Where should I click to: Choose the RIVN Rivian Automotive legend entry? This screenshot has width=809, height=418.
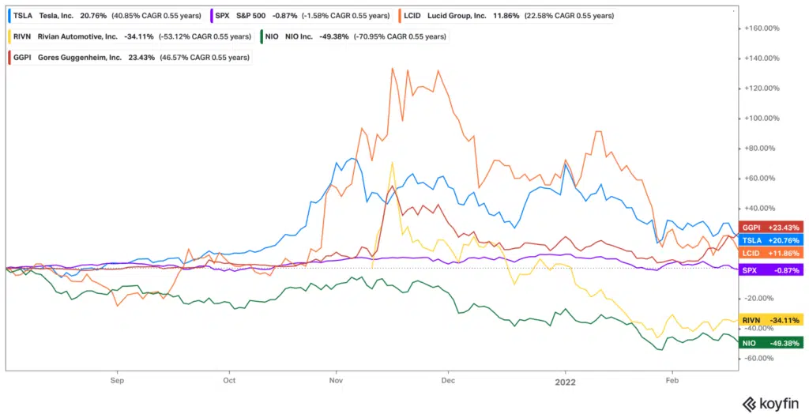click(x=126, y=36)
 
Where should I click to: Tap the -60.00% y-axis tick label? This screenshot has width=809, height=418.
click(x=761, y=358)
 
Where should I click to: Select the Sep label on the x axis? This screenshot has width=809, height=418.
click(x=118, y=379)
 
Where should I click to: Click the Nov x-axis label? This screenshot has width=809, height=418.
click(x=336, y=379)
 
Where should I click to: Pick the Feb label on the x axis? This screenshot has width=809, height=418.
click(x=672, y=379)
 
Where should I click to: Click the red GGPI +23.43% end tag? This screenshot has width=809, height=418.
click(x=769, y=228)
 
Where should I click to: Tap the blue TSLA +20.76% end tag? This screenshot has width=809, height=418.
click(x=769, y=239)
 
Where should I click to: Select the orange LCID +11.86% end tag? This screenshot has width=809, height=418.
click(x=769, y=253)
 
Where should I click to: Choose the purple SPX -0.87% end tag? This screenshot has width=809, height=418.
click(x=769, y=270)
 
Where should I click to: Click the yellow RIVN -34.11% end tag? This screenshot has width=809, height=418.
click(x=769, y=320)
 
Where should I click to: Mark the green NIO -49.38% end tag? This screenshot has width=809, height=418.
click(x=769, y=342)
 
